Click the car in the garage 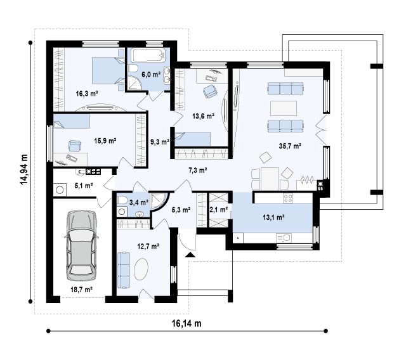click(82, 245)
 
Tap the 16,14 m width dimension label click(187, 323)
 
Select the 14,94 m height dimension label click(24, 169)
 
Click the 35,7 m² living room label click(290, 146)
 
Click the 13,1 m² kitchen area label click(273, 217)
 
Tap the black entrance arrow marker click(190, 255)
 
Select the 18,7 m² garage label click(82, 290)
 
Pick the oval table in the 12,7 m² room click(141, 269)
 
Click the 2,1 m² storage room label click(218, 210)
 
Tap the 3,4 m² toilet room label click(139, 202)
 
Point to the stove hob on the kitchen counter click(288, 198)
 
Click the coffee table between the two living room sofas click(284, 108)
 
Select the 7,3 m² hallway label click(197, 170)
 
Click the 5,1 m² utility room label click(84, 186)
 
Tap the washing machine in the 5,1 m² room click(60, 190)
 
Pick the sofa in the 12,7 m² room click(124, 270)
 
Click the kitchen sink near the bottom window click(284, 238)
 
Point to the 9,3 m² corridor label click(160, 142)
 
